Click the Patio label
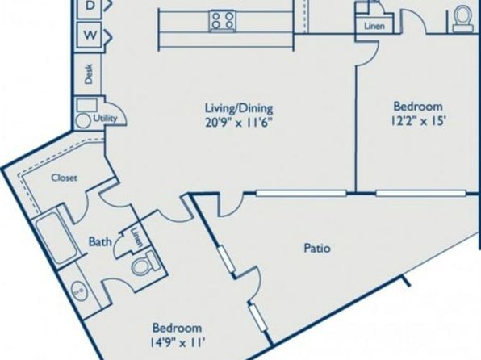317,248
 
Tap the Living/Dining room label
239,108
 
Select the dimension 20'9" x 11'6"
239,123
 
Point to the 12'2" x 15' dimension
418,121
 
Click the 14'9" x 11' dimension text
178,342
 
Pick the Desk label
89,73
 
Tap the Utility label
106,118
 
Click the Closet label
64,178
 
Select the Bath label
100,241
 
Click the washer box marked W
90,36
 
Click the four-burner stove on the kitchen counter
223,20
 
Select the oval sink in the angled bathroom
79,291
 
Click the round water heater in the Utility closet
83,120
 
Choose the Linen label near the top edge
374,27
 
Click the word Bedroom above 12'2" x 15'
418,107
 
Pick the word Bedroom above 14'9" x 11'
178,328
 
